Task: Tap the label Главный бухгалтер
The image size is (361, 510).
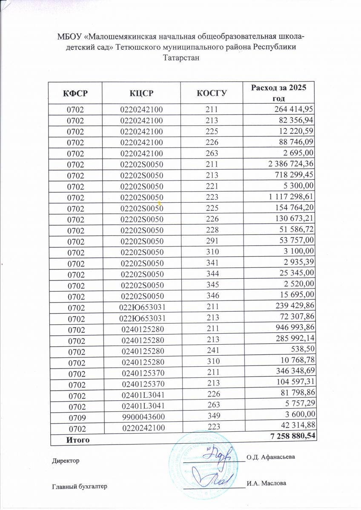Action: (x=80, y=486)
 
